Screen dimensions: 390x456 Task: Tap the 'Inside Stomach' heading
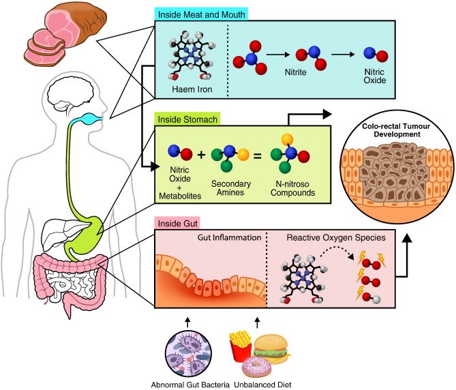coord(187,119)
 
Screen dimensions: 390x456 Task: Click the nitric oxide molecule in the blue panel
coord(372,53)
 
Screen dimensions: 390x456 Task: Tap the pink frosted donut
coord(263,367)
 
